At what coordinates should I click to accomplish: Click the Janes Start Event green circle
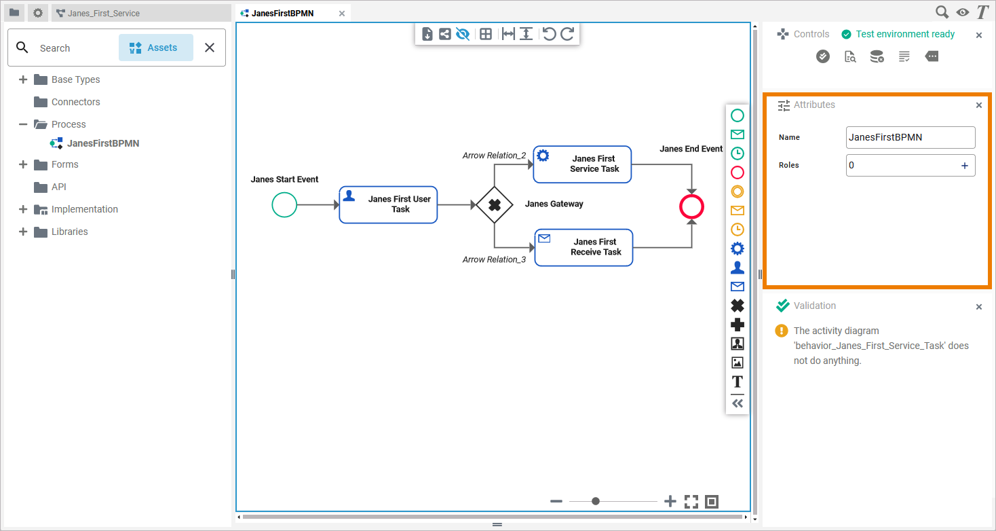click(x=284, y=204)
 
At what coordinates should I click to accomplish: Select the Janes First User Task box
click(x=388, y=204)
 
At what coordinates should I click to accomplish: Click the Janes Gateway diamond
click(x=494, y=204)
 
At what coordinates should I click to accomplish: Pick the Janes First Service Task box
click(x=582, y=164)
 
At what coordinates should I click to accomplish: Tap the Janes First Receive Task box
click(x=583, y=247)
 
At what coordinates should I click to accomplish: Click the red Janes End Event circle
click(x=691, y=207)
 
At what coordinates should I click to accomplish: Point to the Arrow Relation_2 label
click(x=494, y=155)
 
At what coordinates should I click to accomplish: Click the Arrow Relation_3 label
click(x=494, y=259)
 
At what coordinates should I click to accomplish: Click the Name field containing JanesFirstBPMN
click(x=910, y=137)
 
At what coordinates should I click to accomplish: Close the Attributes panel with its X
click(x=979, y=105)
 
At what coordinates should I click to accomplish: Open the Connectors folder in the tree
click(x=75, y=102)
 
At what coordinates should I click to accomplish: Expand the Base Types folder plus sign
click(x=23, y=79)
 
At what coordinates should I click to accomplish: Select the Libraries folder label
click(x=69, y=232)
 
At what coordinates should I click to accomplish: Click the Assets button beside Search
click(x=155, y=48)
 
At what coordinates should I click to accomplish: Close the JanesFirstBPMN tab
click(x=342, y=14)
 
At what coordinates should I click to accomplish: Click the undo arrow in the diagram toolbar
click(x=549, y=34)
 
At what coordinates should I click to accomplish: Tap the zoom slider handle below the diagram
click(x=596, y=501)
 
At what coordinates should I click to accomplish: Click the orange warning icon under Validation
click(x=782, y=331)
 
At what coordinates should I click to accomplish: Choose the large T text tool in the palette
click(x=738, y=382)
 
